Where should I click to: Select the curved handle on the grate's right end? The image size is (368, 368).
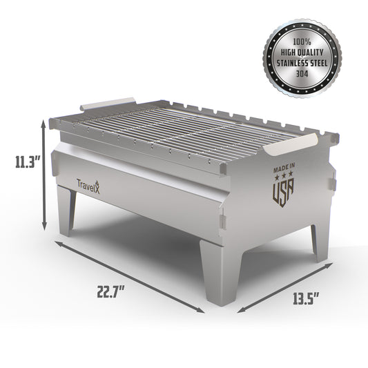click(290, 146)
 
